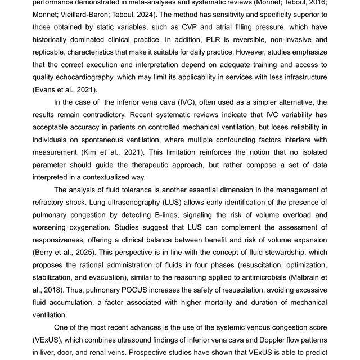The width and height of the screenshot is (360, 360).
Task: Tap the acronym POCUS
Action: click(127, 289)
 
